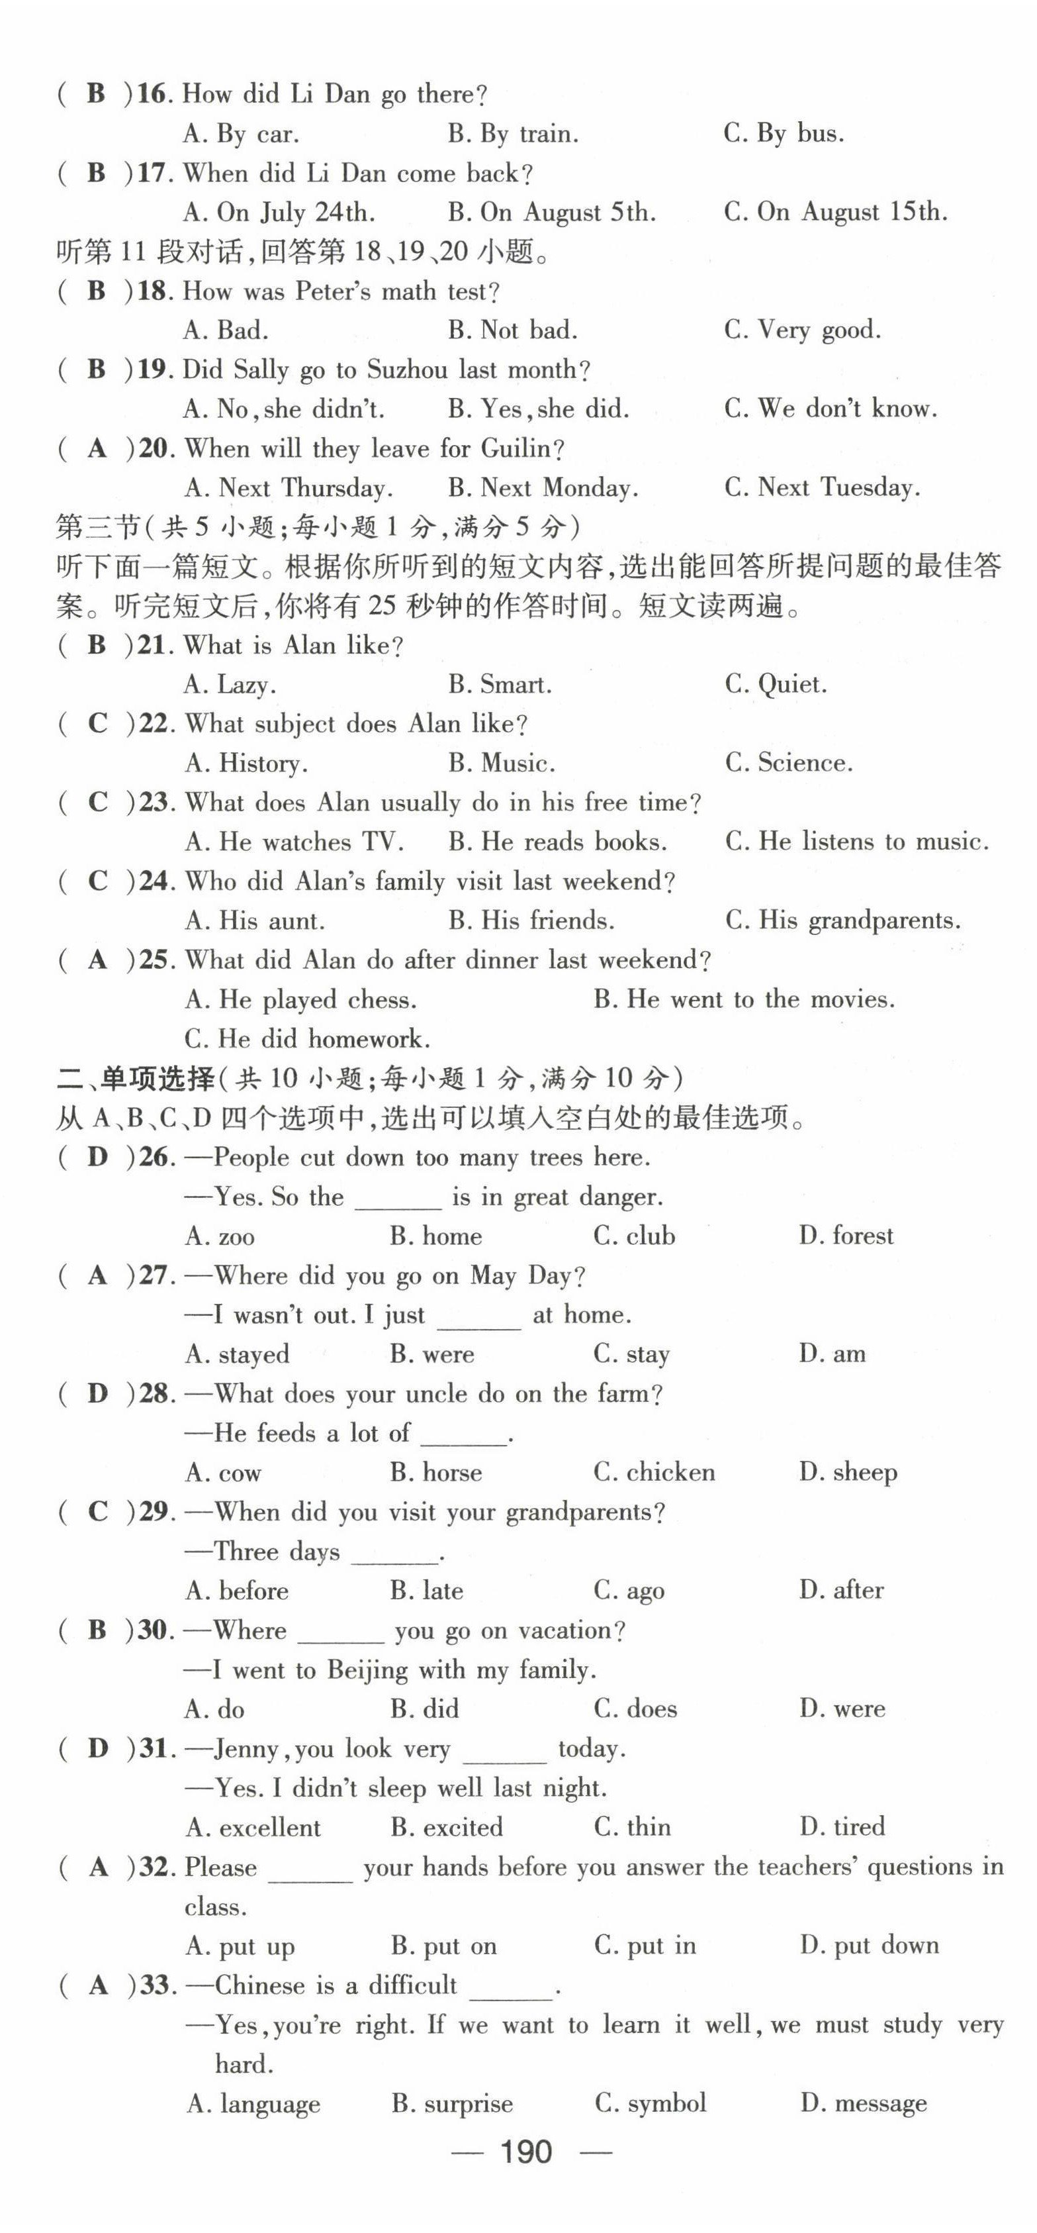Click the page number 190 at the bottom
coord(526,2152)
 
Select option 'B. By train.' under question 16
coord(513,134)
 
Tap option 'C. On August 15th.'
coord(835,213)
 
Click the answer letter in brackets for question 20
coord(97,448)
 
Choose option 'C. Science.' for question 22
coord(788,763)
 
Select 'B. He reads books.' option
coord(557,842)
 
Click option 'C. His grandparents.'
coord(842,920)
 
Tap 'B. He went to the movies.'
coord(743,999)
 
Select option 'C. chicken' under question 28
coord(654,1472)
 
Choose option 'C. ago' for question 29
coord(629,1591)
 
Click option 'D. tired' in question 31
coord(842,1826)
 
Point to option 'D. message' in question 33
coord(863,2103)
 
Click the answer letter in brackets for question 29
coord(97,1512)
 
